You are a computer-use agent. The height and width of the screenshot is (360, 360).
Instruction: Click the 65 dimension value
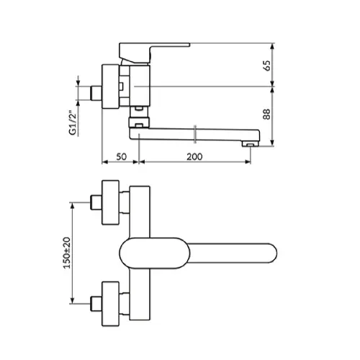click(266, 66)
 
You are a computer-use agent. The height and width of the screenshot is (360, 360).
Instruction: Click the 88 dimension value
click(266, 114)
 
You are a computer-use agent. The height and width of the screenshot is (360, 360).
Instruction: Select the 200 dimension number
click(194, 157)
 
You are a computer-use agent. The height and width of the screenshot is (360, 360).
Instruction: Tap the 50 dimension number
click(121, 157)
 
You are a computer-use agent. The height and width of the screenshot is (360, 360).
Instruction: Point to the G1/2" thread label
click(73, 122)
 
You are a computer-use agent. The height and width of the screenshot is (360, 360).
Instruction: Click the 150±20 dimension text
click(67, 253)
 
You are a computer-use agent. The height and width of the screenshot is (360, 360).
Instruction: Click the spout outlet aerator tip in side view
click(250, 144)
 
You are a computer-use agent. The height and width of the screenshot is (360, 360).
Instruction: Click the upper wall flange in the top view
click(110, 202)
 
